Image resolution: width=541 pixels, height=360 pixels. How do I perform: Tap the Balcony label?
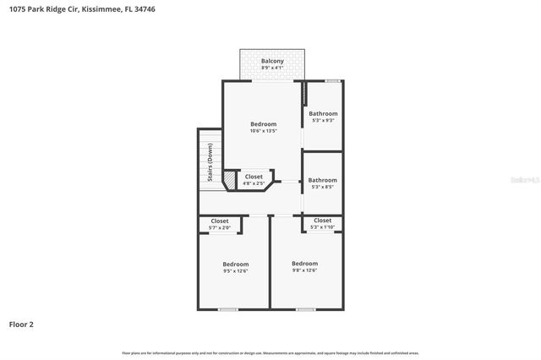(272, 61)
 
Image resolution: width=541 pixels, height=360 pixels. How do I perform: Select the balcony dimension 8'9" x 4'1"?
(272, 68)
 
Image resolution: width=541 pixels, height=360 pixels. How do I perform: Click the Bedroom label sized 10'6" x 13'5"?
(264, 124)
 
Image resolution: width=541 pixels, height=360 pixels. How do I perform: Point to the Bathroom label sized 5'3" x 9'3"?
(323, 113)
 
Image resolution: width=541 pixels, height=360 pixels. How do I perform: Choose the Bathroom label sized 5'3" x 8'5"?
(323, 180)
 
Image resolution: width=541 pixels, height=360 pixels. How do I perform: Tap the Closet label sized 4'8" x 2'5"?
(254, 177)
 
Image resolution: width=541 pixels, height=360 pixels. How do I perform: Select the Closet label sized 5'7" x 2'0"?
(220, 221)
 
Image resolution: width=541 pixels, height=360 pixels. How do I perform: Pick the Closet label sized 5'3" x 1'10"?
(323, 220)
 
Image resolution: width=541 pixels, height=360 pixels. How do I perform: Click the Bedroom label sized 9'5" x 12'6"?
(235, 264)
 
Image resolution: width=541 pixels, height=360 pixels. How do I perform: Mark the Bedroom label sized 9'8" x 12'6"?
(304, 263)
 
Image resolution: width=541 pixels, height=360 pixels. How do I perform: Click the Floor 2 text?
(21, 324)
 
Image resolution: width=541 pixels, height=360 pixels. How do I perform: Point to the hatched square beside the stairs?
(229, 180)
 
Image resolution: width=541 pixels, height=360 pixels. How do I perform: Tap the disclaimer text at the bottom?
(270, 353)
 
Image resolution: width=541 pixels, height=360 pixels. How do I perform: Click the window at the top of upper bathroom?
(334, 80)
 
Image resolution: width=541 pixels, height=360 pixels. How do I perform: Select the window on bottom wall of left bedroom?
(227, 309)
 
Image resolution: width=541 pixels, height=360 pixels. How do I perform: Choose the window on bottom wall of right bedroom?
(305, 309)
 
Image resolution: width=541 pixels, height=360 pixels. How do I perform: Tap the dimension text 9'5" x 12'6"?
(235, 271)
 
